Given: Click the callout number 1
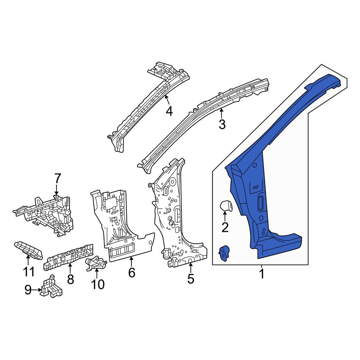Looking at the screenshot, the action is [x=262, y=274].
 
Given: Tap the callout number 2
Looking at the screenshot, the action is [x=225, y=228].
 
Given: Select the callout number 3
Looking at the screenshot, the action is [x=222, y=125].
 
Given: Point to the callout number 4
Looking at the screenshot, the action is [x=169, y=111].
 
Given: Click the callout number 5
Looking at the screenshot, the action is [x=191, y=279].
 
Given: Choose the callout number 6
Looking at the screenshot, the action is [x=131, y=273].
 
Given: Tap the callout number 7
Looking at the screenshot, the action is [x=57, y=179].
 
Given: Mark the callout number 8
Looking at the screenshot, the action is [x=70, y=279].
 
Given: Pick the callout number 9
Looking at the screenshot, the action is [x=28, y=290].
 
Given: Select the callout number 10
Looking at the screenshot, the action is [x=98, y=284].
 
